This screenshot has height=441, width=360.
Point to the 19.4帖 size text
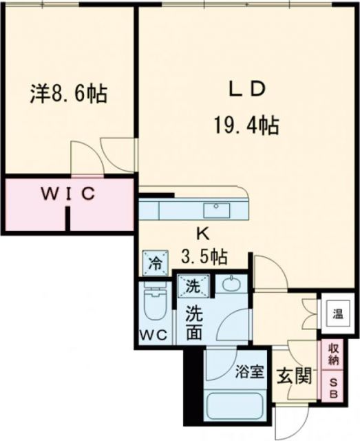tap(246, 125)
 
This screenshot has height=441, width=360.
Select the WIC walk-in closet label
tap(67, 194)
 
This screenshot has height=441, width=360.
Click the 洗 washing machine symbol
tap(191, 283)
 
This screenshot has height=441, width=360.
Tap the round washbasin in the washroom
tap(231, 285)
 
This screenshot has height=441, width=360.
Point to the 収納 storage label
tap(333, 354)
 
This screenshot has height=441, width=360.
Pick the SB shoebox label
tap(333, 388)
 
